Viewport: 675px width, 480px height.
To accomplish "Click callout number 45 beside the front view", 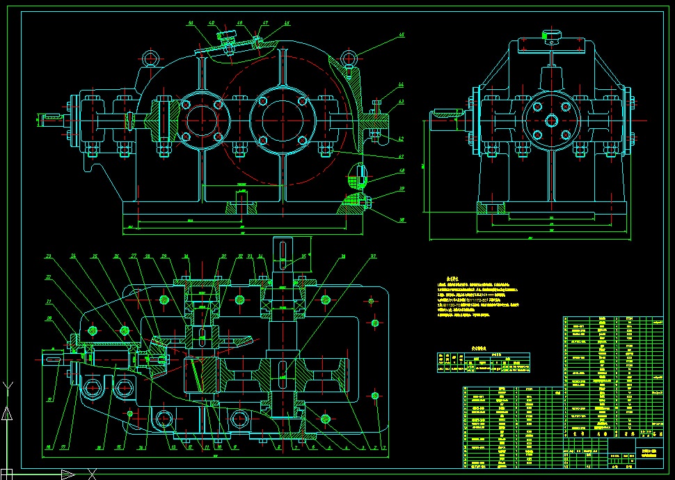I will click(x=402, y=33).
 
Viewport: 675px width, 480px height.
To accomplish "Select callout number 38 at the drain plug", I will click(x=402, y=221).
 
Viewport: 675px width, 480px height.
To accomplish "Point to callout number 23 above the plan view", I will click(x=49, y=256).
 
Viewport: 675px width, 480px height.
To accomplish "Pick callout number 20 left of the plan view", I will click(x=49, y=318).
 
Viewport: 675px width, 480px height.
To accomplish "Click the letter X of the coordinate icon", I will click(x=91, y=474).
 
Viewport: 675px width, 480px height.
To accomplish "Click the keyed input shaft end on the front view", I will click(x=50, y=120).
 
